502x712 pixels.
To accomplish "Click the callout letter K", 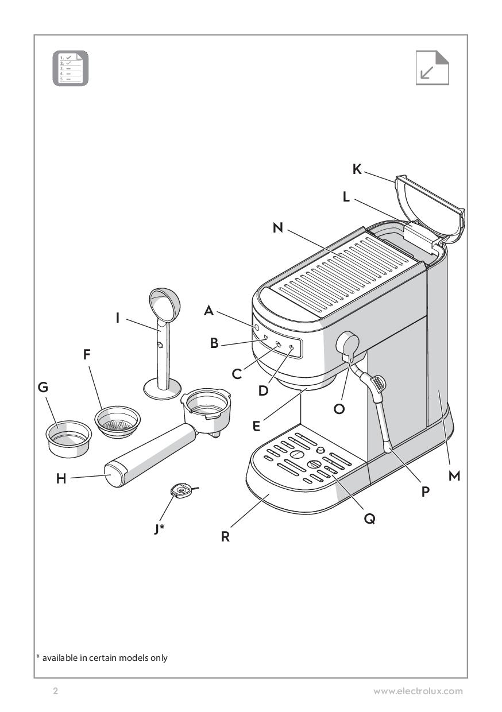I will pyautogui.click(x=357, y=169).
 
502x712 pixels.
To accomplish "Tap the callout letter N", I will pyautogui.click(x=278, y=228).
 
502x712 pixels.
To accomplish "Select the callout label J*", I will pyautogui.click(x=159, y=529).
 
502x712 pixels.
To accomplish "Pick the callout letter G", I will pyautogui.click(x=44, y=388).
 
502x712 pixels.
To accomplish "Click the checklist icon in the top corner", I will pyautogui.click(x=71, y=69).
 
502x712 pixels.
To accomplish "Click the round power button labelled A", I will pyautogui.click(x=255, y=327).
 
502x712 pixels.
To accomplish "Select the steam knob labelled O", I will pyautogui.click(x=347, y=345).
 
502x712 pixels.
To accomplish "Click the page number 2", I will pyautogui.click(x=55, y=691).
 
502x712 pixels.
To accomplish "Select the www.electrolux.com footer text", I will pyautogui.click(x=418, y=691).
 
